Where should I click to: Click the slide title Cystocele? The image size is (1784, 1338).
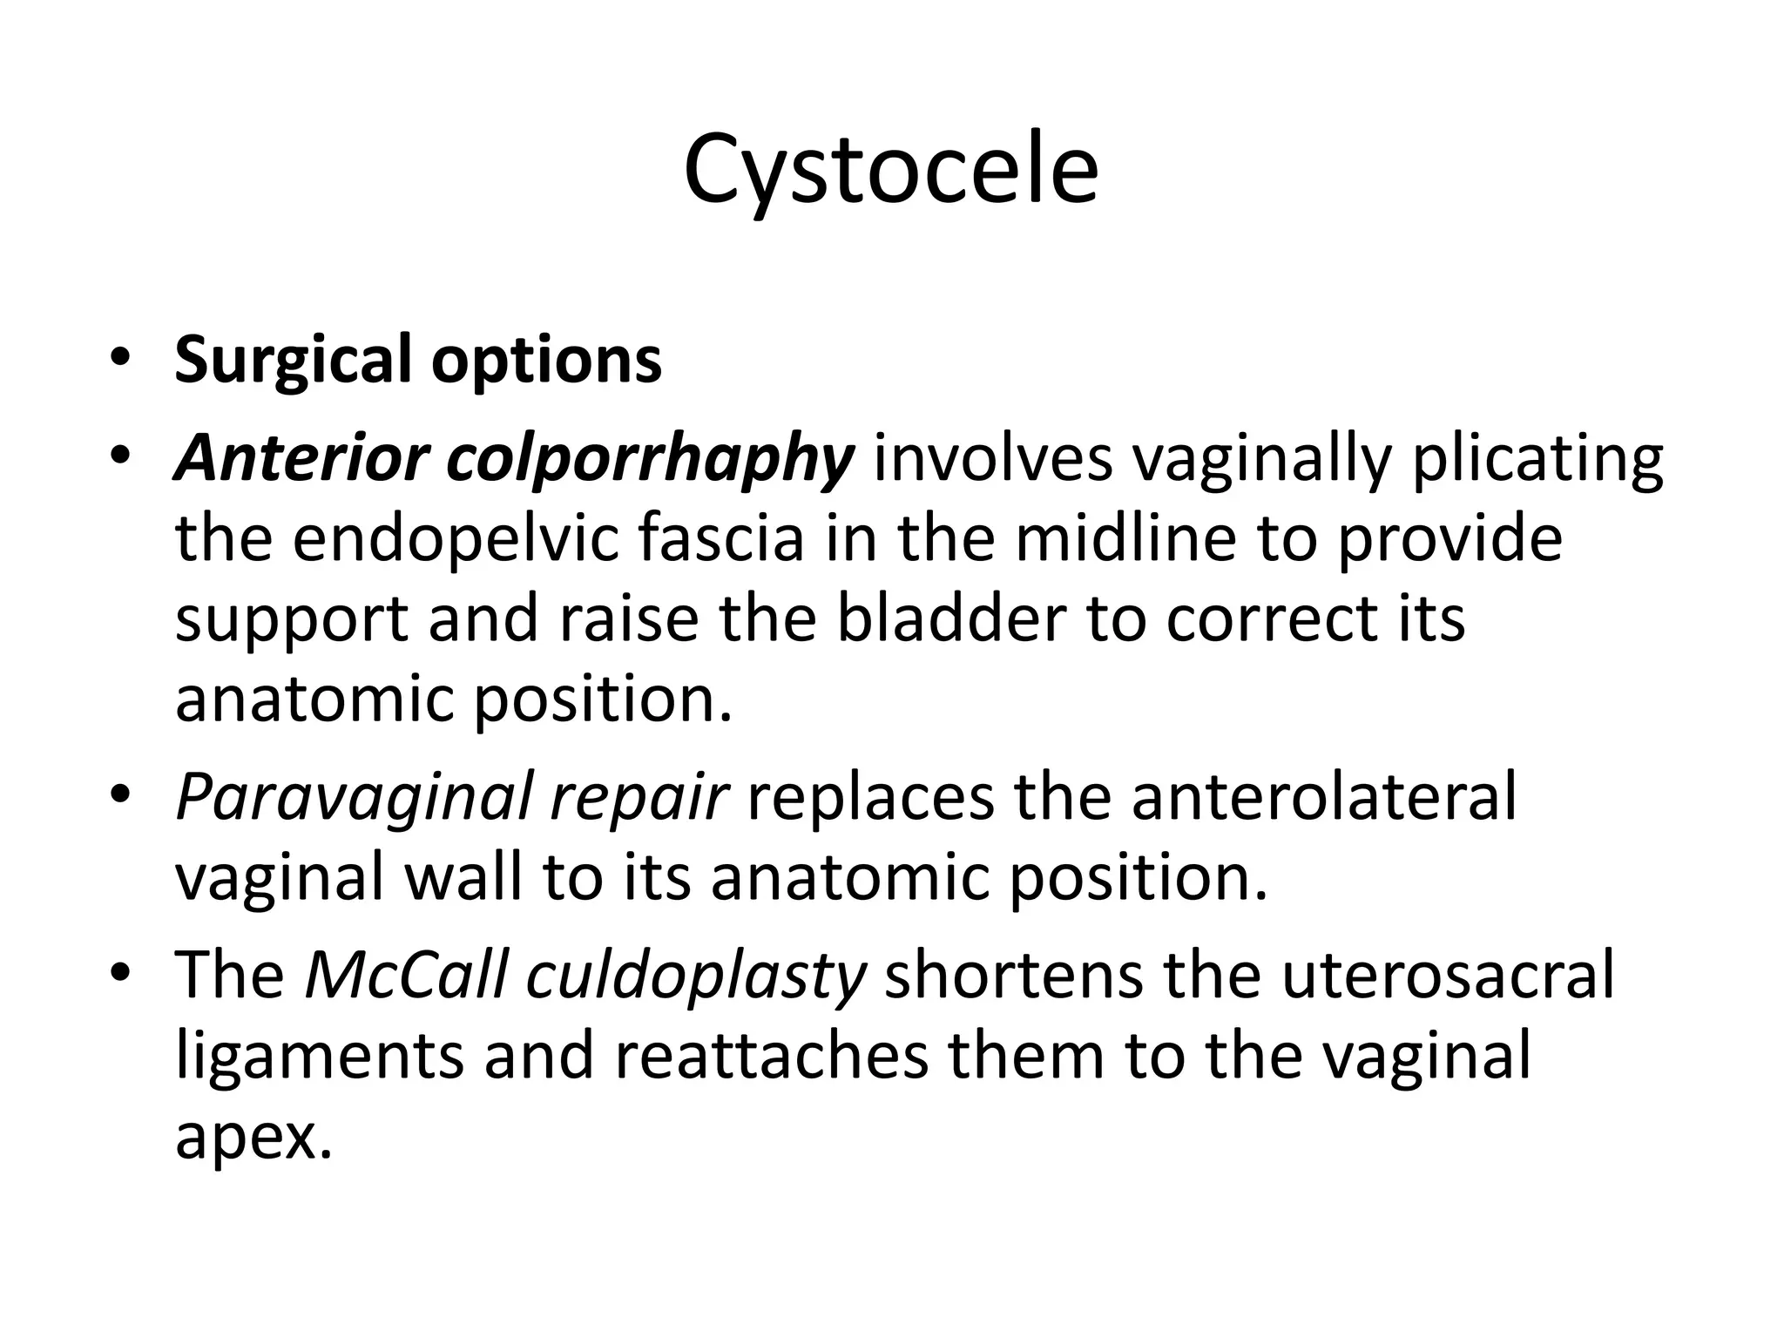pyautogui.click(x=890, y=171)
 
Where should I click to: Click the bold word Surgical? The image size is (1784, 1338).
pyautogui.click(x=293, y=361)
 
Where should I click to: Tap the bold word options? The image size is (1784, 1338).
pyautogui.click(x=547, y=361)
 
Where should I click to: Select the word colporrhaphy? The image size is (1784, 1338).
pyautogui.click(x=650, y=460)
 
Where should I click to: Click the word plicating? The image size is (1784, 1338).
pyautogui.click(x=1537, y=460)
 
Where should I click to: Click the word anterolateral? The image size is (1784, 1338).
pyautogui.click(x=1324, y=796)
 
